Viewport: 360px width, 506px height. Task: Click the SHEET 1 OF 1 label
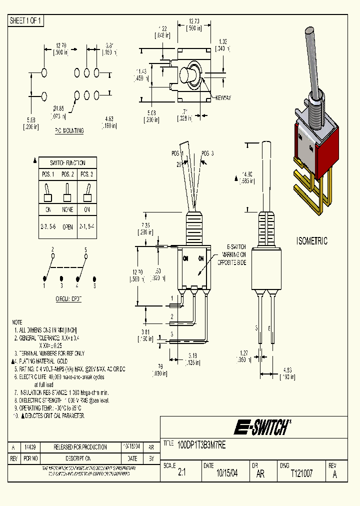pos(26,20)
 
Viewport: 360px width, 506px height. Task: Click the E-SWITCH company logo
pos(261,427)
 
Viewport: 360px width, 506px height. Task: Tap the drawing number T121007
pos(301,473)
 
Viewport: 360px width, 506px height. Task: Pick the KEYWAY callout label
pos(223,98)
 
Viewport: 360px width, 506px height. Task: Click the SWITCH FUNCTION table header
pos(67,163)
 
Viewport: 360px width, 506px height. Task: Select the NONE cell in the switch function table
pos(67,210)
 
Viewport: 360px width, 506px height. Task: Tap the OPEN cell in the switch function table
pos(67,226)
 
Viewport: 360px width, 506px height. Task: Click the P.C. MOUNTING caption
pos(69,131)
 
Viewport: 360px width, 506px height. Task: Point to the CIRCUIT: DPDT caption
pos(68,298)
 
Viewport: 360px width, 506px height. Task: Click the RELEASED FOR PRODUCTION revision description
pos(80,447)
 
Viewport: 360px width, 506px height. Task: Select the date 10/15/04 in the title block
pos(226,473)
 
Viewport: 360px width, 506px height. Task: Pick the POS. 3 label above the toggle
pos(207,153)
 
